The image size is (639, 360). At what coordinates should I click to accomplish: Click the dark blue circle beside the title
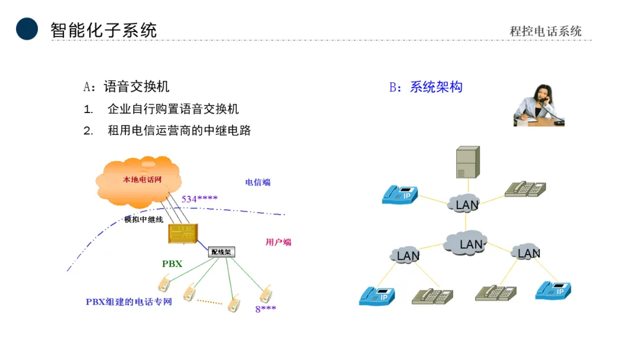pyautogui.click(x=27, y=29)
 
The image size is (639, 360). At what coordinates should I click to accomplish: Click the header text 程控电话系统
pyautogui.click(x=546, y=31)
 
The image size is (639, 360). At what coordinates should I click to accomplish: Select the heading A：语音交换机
pyautogui.click(x=126, y=86)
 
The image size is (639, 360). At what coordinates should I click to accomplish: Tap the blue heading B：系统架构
pyautogui.click(x=425, y=87)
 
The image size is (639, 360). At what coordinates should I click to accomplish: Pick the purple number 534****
pyautogui.click(x=199, y=199)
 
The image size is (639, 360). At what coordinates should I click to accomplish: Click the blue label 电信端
pyautogui.click(x=258, y=182)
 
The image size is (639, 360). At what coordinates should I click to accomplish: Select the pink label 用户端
pyautogui.click(x=278, y=242)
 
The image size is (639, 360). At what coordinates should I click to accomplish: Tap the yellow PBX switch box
pyautogui.click(x=181, y=233)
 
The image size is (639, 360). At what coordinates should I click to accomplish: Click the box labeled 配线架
pyautogui.click(x=222, y=252)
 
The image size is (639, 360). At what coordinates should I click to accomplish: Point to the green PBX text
pyautogui.click(x=172, y=263)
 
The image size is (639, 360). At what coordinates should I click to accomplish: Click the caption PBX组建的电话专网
pyautogui.click(x=129, y=301)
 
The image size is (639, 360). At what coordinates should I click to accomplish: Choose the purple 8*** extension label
pyautogui.click(x=266, y=308)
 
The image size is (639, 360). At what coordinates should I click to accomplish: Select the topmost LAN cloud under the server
pyautogui.click(x=465, y=204)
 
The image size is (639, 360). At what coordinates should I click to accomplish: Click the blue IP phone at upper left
pyautogui.click(x=400, y=194)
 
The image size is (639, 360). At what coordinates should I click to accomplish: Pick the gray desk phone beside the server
pyautogui.click(x=525, y=188)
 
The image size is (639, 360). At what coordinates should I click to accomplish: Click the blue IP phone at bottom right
pyautogui.click(x=553, y=290)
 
